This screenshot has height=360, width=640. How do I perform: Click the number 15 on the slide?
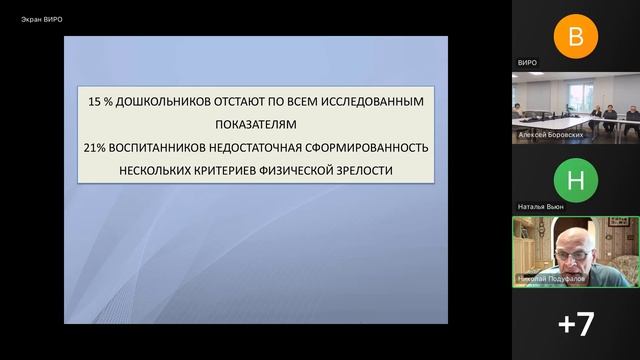pos(95,102)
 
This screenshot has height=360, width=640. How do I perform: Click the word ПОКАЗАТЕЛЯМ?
pos(256,125)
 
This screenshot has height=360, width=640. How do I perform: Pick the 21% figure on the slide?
pos(96,148)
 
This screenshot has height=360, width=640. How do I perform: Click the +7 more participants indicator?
pos(575,323)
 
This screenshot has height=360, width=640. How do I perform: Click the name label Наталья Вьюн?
pos(540,206)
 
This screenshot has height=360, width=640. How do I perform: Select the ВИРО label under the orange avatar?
pos(527,62)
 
